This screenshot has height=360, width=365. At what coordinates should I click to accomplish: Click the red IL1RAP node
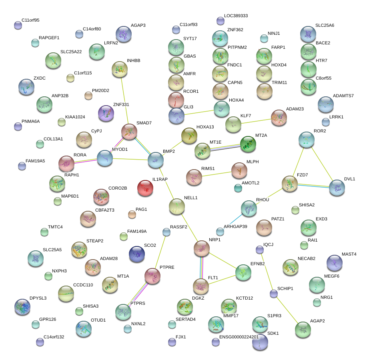pyautogui.click(x=145, y=188)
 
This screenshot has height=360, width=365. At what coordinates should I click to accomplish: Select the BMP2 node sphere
pyautogui.click(x=156, y=160)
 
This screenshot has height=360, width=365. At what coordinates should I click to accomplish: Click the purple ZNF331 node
pyautogui.click(x=106, y=114)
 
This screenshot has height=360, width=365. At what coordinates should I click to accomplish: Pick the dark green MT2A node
pyautogui.click(x=248, y=144)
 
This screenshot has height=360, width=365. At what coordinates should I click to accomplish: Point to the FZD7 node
pyautogui.click(x=289, y=184)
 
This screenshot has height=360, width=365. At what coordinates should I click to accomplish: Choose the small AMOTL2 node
pyautogui.click(x=238, y=188)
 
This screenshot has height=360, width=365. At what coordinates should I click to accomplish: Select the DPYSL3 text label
pyautogui.click(x=38, y=298)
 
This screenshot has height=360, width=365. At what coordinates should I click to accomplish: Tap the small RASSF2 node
pyautogui.click(x=166, y=232)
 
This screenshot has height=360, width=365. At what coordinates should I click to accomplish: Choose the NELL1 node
pyautogui.click(x=176, y=206)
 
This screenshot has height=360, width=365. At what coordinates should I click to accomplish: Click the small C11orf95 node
pyautogui.click(x=18, y=25)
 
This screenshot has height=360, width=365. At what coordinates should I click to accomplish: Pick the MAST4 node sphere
pyautogui.click(x=334, y=263)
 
